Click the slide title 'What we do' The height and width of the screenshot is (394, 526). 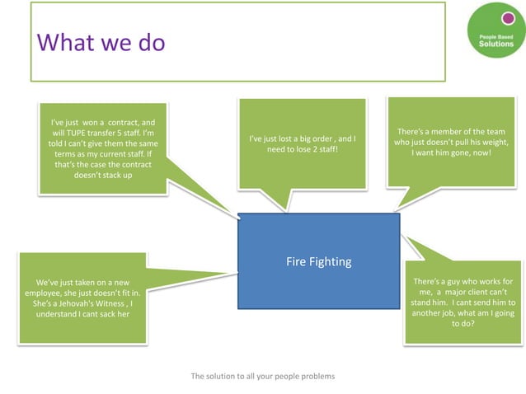click(x=101, y=42)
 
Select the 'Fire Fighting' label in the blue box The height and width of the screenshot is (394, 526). click(x=318, y=262)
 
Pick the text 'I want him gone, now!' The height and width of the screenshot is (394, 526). click(x=451, y=152)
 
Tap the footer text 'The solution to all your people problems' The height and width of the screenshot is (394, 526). click(x=263, y=376)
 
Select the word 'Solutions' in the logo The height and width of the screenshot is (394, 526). click(x=495, y=44)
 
